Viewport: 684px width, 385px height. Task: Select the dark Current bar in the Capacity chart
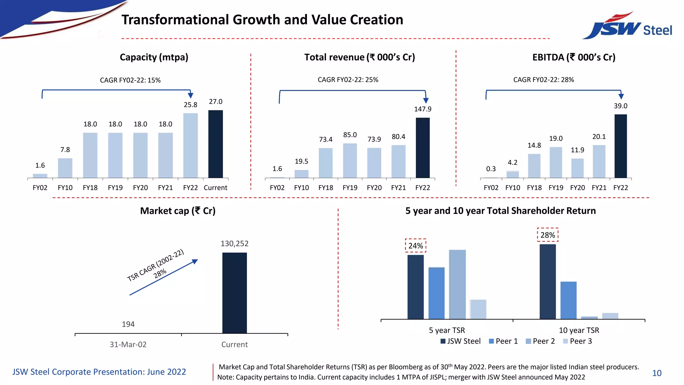(x=215, y=144)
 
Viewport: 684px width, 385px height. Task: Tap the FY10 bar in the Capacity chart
(x=65, y=168)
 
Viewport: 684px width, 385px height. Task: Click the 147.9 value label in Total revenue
(x=422, y=109)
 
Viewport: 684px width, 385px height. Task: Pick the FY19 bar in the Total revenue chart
(x=350, y=161)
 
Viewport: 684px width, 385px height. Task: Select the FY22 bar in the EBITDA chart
(x=621, y=146)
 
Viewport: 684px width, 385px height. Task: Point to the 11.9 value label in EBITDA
(x=577, y=150)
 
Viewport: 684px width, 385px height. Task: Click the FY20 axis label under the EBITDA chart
(x=577, y=188)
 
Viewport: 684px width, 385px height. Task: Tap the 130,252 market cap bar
(x=234, y=293)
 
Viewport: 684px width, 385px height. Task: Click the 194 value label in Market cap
(x=128, y=324)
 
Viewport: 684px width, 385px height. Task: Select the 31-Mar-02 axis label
(x=128, y=345)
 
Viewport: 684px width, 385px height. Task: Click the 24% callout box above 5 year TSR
(x=415, y=246)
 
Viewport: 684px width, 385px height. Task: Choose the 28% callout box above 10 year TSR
(x=547, y=235)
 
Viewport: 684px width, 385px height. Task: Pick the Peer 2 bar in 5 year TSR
(x=457, y=284)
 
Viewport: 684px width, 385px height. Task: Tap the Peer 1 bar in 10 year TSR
(x=568, y=300)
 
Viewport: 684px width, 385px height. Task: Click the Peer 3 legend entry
(x=577, y=341)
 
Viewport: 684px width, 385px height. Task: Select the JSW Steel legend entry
(x=461, y=341)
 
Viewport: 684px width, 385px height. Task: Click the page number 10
(x=657, y=373)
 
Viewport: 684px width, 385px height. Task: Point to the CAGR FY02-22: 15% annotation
(x=130, y=80)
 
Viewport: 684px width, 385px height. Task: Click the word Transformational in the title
(x=175, y=20)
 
